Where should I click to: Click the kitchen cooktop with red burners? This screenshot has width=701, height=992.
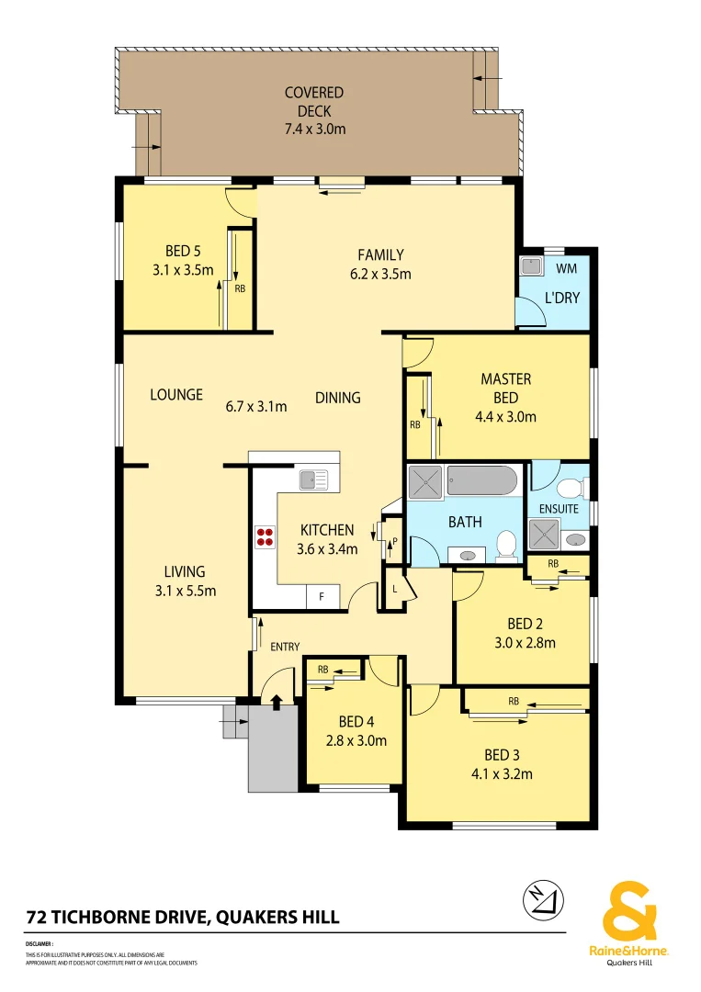[266, 537]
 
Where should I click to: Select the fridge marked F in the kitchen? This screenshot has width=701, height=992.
[322, 596]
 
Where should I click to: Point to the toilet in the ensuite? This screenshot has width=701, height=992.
[571, 487]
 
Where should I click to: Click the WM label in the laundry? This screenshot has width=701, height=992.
[567, 268]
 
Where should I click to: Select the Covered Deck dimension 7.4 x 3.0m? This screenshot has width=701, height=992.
[314, 129]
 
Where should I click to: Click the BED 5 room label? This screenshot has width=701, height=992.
[183, 251]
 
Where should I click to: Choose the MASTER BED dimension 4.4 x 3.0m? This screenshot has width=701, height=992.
[505, 416]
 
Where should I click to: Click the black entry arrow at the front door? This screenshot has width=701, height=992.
[277, 702]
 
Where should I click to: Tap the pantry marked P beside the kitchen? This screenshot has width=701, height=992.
[394, 541]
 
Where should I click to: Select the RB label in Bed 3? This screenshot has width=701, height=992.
[513, 701]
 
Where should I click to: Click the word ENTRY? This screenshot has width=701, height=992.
[285, 647]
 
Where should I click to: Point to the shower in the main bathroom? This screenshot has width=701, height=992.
[425, 481]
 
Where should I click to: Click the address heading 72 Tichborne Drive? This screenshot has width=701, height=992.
[183, 917]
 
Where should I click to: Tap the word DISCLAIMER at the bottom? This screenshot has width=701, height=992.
[40, 943]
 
